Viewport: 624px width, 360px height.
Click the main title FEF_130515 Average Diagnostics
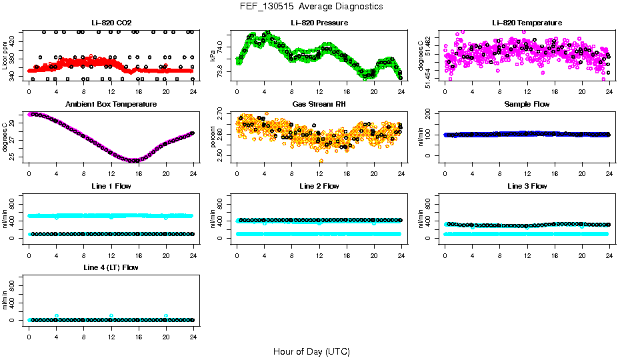point(312,6)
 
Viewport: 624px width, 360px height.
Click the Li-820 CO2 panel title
point(111,23)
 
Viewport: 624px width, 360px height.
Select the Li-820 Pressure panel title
point(319,23)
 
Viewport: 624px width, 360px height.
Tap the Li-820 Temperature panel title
point(527,23)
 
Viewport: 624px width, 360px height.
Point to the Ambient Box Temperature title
point(111,105)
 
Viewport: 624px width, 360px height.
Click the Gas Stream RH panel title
point(319,105)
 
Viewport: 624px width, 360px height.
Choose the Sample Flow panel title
point(527,105)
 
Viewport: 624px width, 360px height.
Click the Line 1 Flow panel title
point(111,186)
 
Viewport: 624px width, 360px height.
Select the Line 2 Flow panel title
point(319,186)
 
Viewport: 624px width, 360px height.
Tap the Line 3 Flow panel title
point(527,186)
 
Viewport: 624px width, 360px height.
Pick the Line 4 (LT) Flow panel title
point(111,267)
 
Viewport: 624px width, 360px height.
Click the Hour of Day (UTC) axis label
point(311,351)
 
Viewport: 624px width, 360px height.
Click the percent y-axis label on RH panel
point(213,137)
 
